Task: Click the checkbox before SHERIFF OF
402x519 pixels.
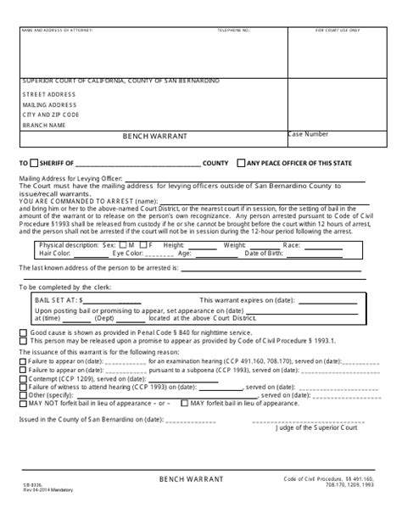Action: coord(33,162)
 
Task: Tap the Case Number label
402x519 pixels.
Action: coord(307,134)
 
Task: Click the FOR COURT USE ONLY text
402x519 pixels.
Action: coord(337,30)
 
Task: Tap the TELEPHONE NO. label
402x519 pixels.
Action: coord(235,30)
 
